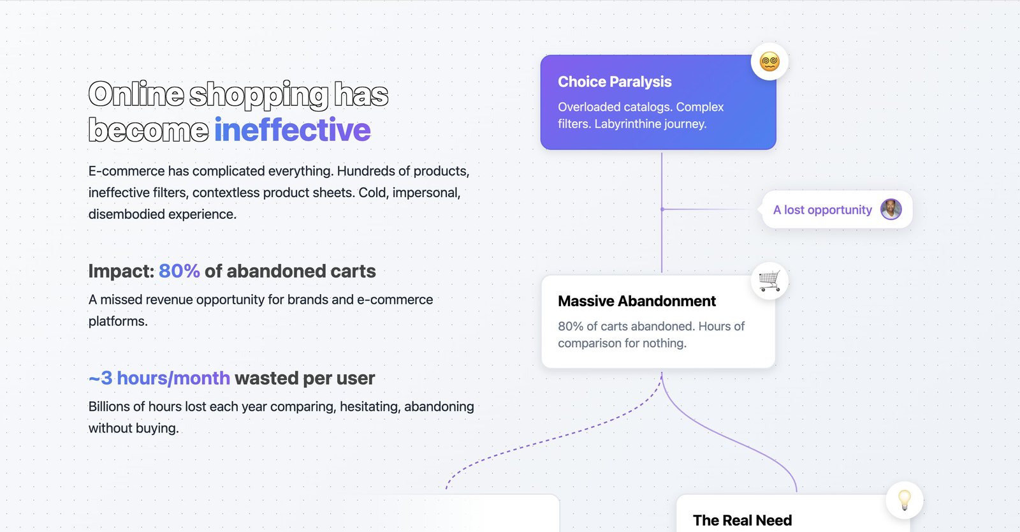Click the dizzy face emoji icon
769,61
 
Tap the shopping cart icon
769,281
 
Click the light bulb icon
905,500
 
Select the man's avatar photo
891,209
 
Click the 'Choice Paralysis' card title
615,82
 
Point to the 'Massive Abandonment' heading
637,301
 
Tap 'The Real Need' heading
742,520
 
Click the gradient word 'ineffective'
293,130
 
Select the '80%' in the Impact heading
179,271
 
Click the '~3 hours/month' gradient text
159,378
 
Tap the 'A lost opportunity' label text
822,209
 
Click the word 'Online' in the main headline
136,94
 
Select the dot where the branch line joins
662,209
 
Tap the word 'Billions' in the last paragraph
109,406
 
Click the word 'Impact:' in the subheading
121,272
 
